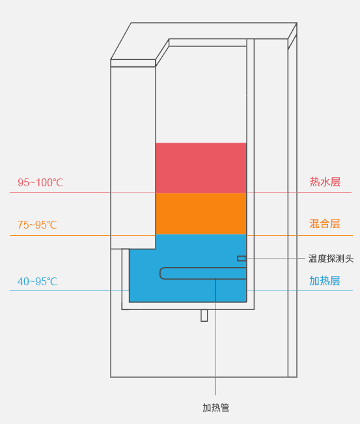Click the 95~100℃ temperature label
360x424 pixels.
[40, 182]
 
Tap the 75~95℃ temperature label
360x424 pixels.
[37, 225]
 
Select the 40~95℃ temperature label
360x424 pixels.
[37, 281]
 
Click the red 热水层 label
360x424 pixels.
[325, 182]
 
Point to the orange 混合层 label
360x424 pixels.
[325, 223]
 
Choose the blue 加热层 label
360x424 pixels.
[325, 281]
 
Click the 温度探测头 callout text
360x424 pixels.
[331, 259]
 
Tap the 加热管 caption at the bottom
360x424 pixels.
[216, 408]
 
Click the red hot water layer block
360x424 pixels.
[201, 167]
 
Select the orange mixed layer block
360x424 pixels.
[201, 214]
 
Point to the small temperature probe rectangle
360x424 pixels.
[242, 259]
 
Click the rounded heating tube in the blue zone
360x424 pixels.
[203, 274]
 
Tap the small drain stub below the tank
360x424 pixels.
[204, 316]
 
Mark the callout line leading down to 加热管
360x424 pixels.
[215, 337]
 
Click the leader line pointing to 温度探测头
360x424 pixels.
[275, 258]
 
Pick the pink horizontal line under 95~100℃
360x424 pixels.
[180, 193]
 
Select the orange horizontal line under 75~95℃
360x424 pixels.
[181, 235]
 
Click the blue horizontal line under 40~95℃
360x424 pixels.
[181, 291]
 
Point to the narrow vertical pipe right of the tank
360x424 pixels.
[251, 173]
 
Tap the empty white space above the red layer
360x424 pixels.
[201, 94]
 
